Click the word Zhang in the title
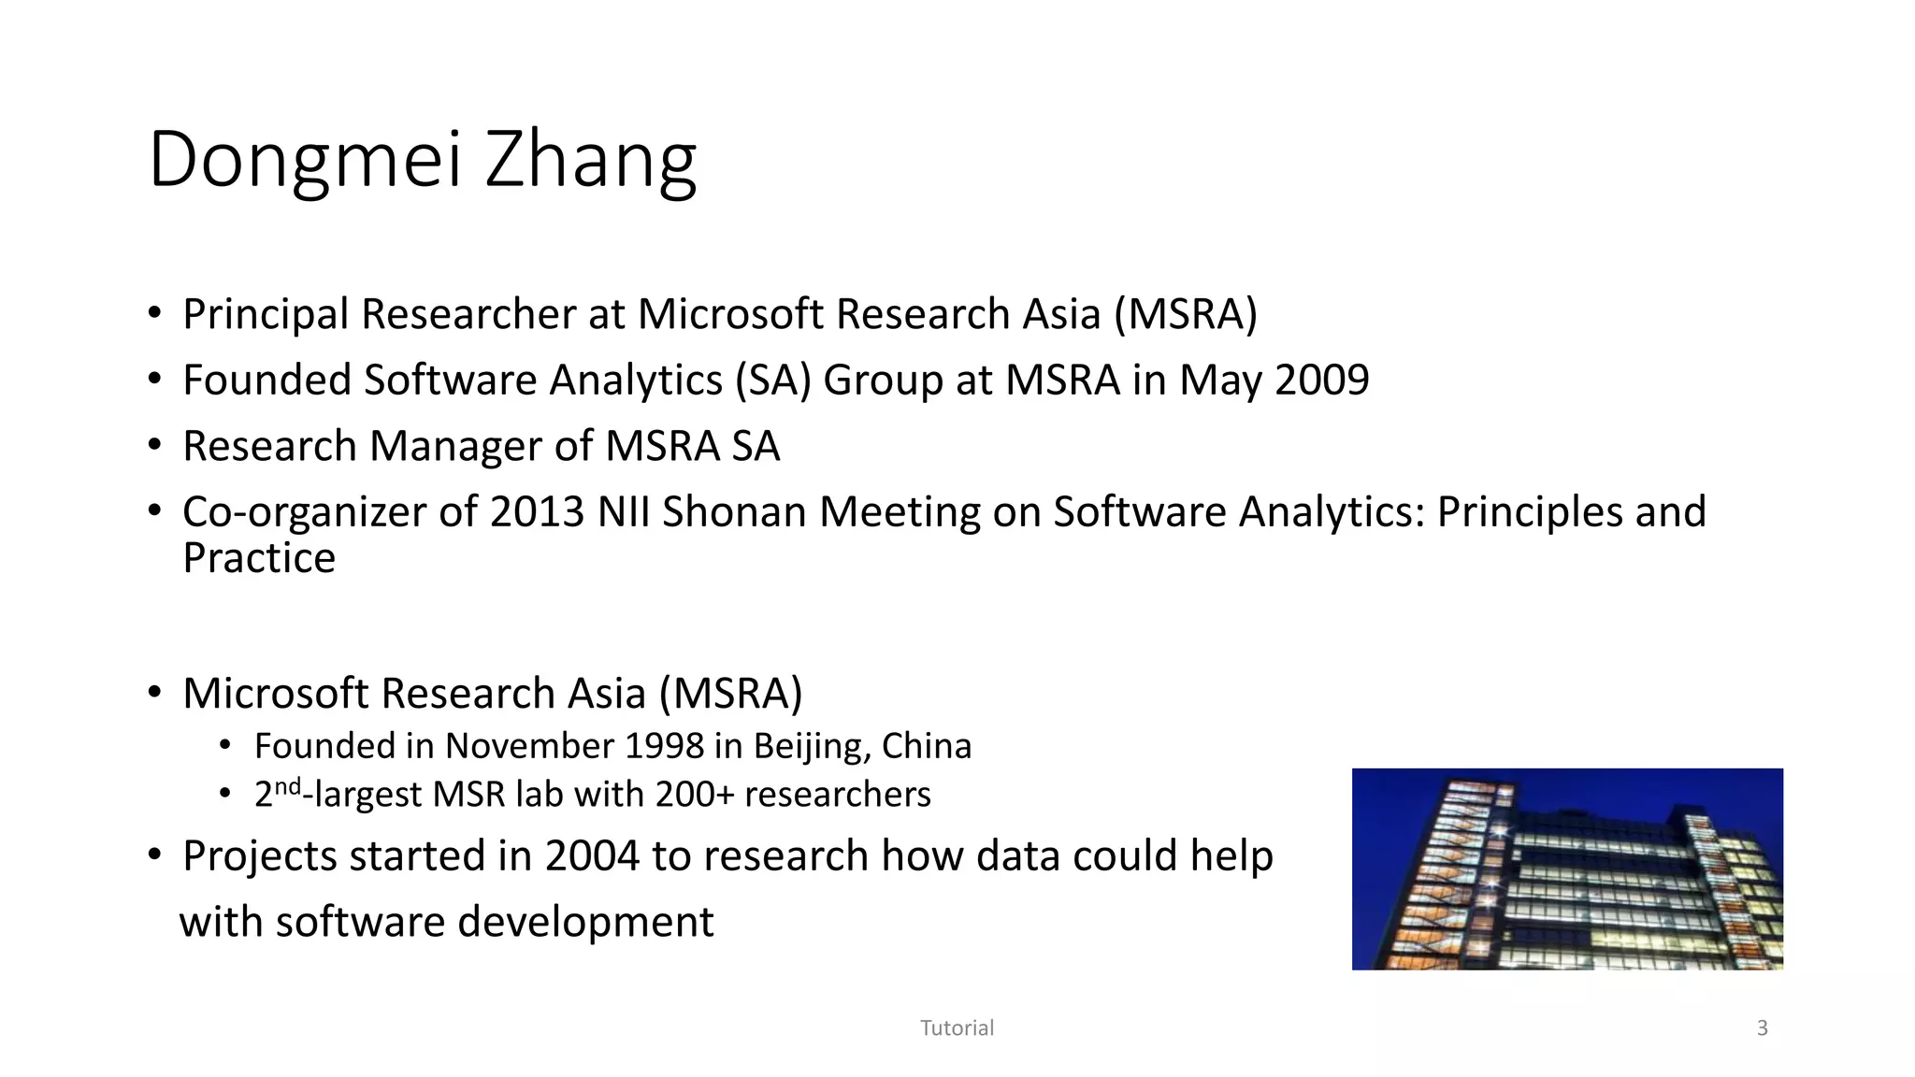pos(591,161)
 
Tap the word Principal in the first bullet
pos(266,315)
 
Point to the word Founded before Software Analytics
pos(266,381)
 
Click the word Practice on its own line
pos(259,558)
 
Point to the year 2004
pos(592,856)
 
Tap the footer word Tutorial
pos(957,1028)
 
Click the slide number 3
pos(1763,1028)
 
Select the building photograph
pos(1567,869)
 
